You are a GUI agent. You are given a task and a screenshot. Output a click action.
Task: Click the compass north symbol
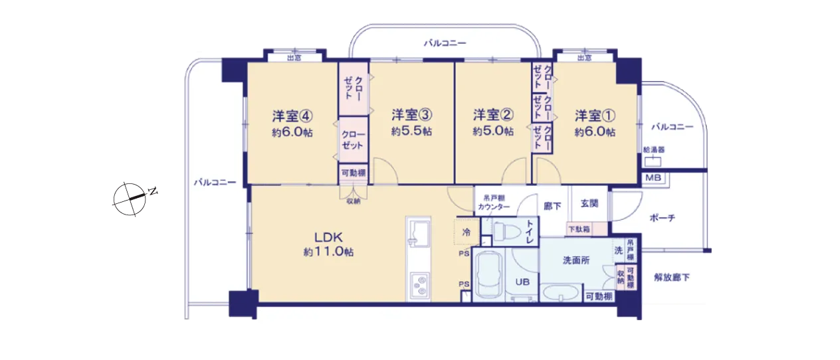tap(130, 199)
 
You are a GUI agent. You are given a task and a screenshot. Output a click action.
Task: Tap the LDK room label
tap(328, 237)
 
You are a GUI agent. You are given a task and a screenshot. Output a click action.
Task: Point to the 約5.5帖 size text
tap(411, 132)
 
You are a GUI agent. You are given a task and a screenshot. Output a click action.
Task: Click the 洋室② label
tap(493, 115)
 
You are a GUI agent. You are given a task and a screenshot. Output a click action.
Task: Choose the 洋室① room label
tap(595, 116)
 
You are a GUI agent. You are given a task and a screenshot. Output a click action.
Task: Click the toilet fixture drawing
tap(506, 231)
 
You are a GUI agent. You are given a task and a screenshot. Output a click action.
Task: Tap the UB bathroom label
tap(522, 282)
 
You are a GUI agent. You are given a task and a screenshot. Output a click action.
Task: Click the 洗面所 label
tap(576, 260)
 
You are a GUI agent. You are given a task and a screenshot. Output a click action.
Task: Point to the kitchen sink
tap(419, 232)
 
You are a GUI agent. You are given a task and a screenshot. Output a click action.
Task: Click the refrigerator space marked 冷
tap(467, 232)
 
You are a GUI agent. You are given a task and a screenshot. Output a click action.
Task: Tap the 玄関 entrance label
tap(589, 203)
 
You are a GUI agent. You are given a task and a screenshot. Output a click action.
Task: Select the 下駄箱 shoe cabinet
tap(586, 229)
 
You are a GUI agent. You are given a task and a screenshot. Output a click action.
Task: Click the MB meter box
tap(653, 177)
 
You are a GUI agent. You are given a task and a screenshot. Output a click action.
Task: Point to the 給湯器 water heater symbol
tap(653, 161)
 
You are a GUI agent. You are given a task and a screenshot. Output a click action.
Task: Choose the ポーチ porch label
tap(663, 218)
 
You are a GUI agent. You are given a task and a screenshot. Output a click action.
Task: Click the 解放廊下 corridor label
tap(672, 278)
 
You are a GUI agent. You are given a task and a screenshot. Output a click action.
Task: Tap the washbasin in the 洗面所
tap(562, 292)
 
